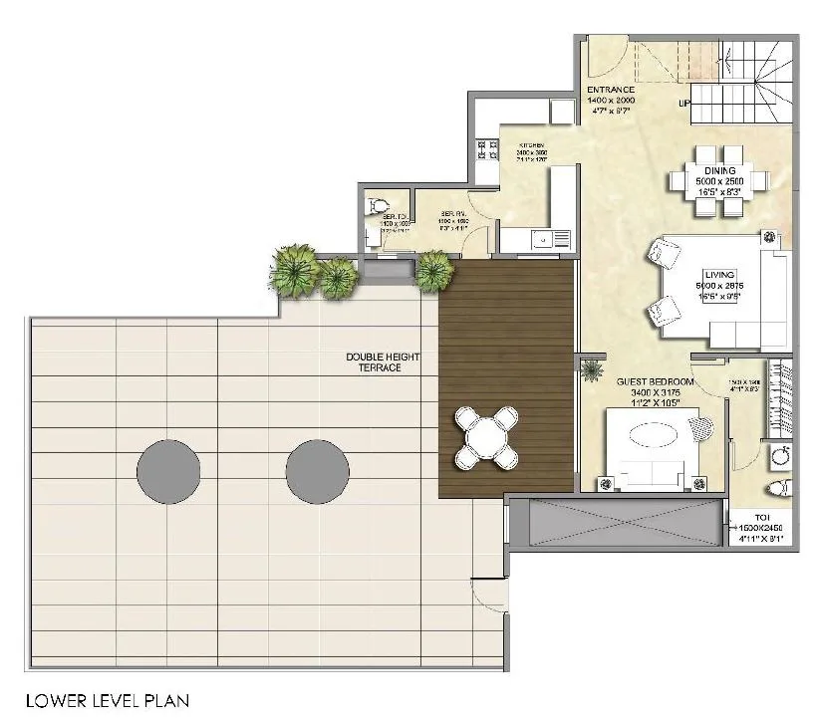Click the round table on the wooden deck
(485, 437)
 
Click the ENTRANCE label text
(611, 91)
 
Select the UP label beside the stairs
(684, 103)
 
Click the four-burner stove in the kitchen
(487, 149)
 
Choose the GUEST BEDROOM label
(648, 381)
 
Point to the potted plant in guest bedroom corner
(593, 371)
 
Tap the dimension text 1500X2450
(761, 528)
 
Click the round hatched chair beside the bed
(703, 429)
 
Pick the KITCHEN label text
(531, 146)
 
